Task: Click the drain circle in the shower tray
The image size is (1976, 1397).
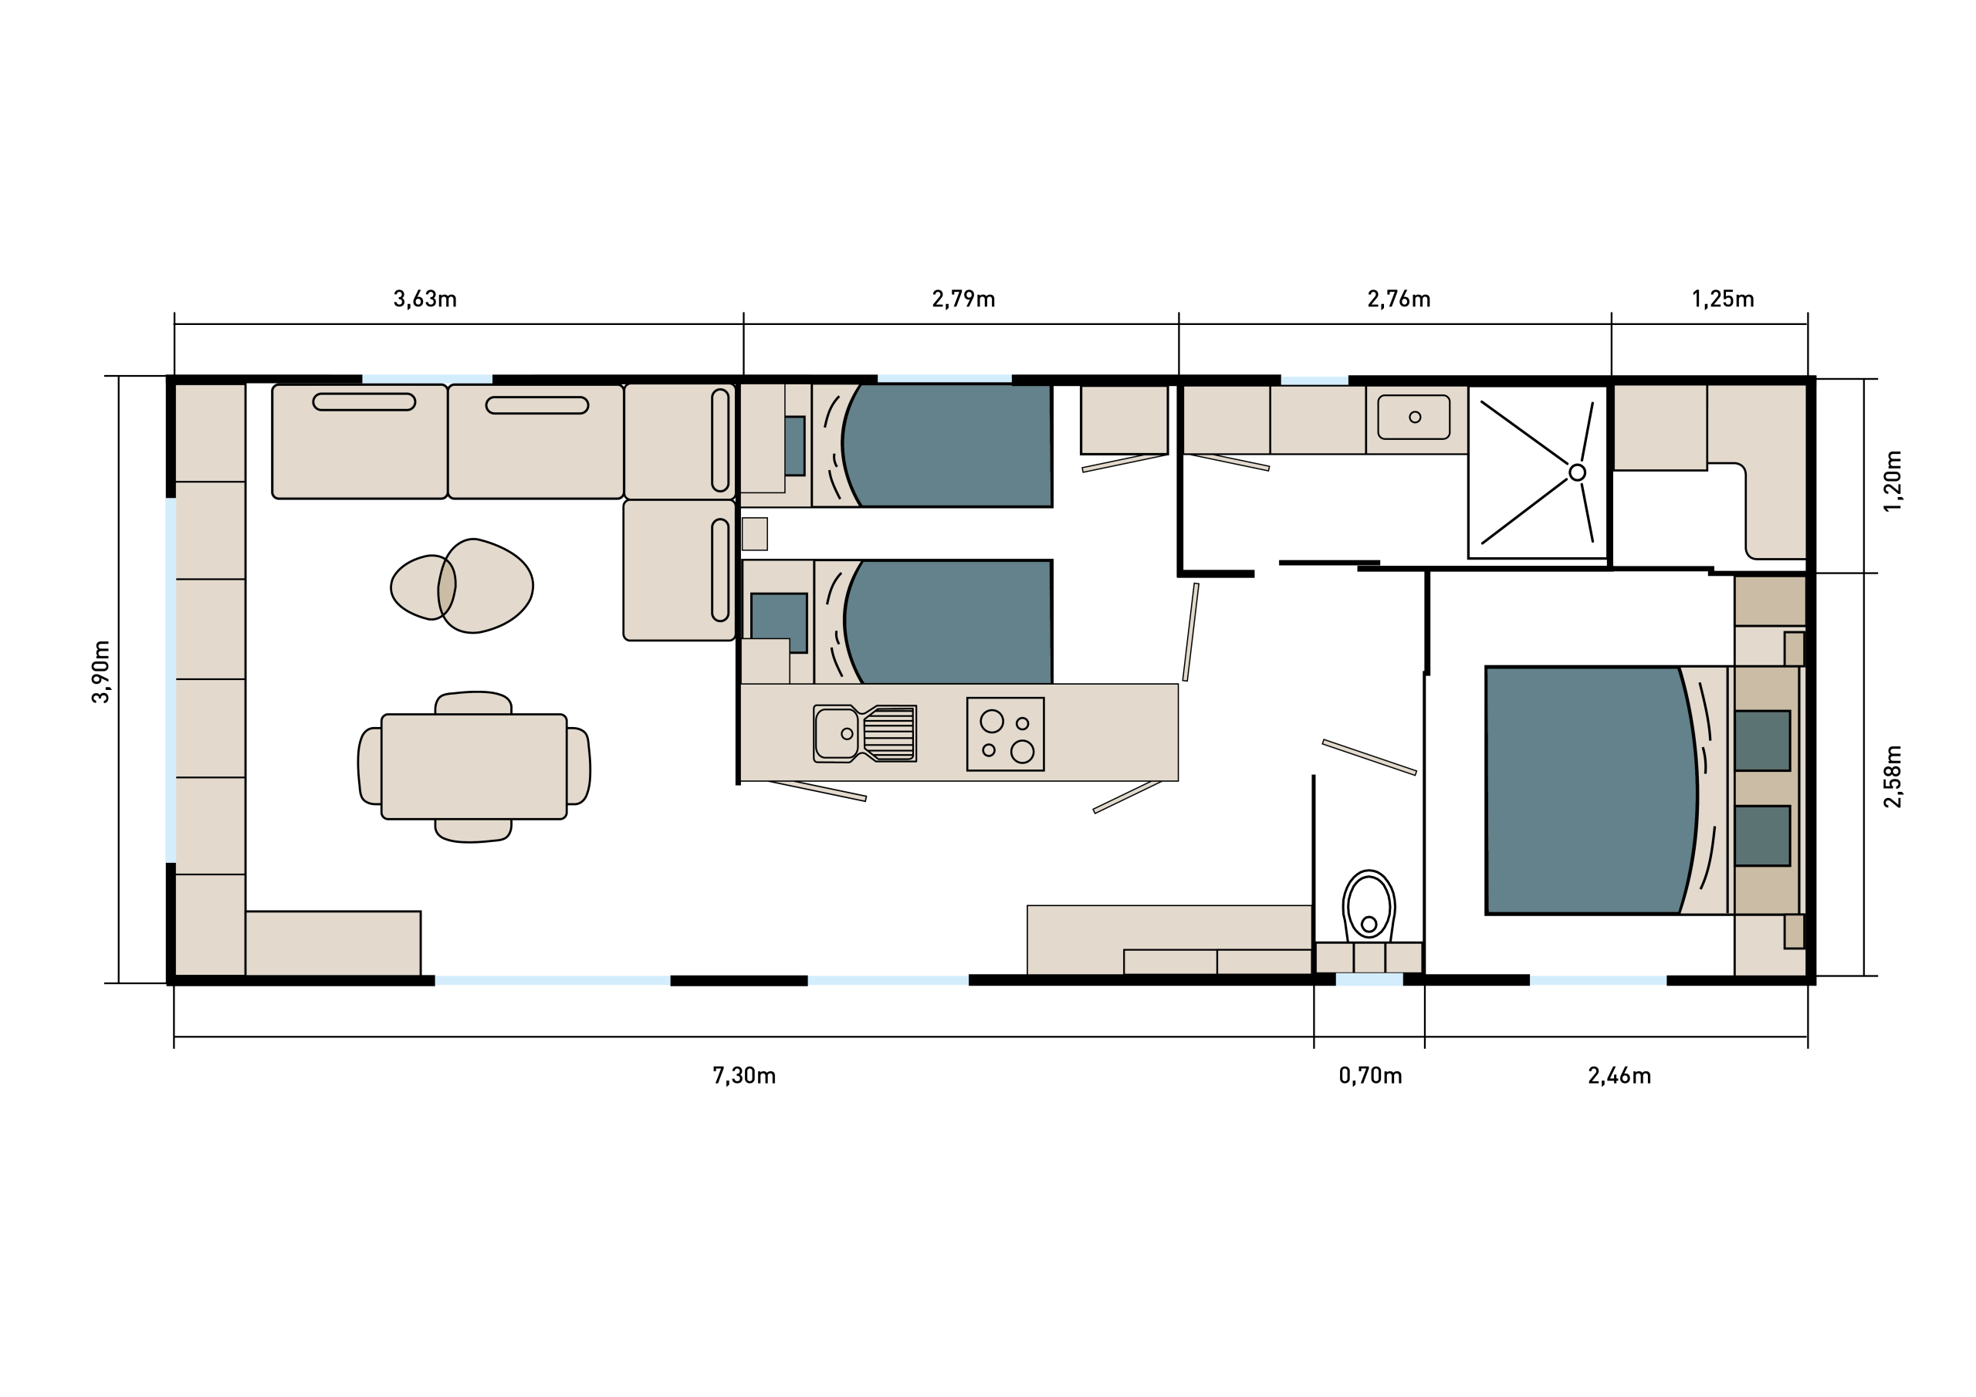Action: click(1577, 472)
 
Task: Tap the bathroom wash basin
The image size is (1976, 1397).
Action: click(1413, 418)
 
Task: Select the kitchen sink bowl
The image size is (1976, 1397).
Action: click(836, 733)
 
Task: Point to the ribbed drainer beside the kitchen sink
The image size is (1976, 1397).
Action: click(889, 733)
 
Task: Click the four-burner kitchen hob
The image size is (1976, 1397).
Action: click(1004, 734)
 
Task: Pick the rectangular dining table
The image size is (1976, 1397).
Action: click(473, 766)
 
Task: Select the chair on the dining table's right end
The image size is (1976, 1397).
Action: click(577, 766)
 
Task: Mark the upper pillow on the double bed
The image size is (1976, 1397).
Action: click(1761, 740)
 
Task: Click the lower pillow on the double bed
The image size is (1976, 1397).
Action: click(1761, 835)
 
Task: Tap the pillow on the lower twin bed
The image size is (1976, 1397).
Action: click(779, 621)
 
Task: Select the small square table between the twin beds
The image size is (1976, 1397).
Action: click(754, 533)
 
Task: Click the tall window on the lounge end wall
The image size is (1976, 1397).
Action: click(171, 680)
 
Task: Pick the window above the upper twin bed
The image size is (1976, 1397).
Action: click(944, 379)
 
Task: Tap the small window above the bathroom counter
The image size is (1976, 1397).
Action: click(1315, 381)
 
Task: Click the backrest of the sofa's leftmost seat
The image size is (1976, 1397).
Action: click(364, 402)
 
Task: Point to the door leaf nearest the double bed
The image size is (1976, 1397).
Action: click(1369, 756)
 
